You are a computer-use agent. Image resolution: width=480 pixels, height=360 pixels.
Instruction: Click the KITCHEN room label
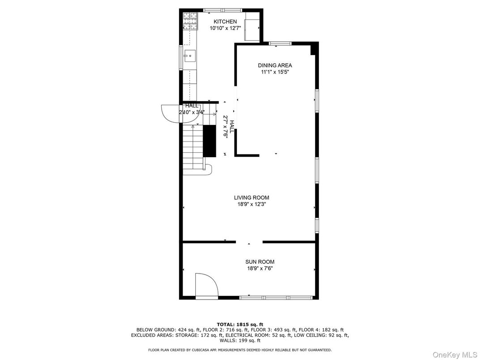coord(225,21)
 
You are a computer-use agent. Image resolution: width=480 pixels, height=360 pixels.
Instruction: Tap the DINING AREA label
coord(274,65)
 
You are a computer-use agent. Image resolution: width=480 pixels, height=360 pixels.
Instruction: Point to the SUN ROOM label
coord(260,262)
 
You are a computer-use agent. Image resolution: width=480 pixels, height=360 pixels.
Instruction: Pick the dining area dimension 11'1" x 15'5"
coord(274,72)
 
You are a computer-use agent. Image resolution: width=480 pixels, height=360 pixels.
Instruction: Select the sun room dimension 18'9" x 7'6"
coord(259,269)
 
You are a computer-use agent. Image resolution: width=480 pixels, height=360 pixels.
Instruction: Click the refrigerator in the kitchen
coord(252,27)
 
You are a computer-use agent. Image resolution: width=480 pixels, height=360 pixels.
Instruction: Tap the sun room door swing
coord(206,285)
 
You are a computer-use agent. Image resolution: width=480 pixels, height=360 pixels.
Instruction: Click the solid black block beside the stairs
coord(210,141)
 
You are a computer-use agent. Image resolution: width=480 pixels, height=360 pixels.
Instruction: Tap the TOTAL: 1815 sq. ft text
coord(240,324)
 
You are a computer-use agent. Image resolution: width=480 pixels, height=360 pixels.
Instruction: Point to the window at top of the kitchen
coord(223,10)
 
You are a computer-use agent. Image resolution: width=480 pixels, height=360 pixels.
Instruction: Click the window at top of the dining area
coord(280,43)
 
